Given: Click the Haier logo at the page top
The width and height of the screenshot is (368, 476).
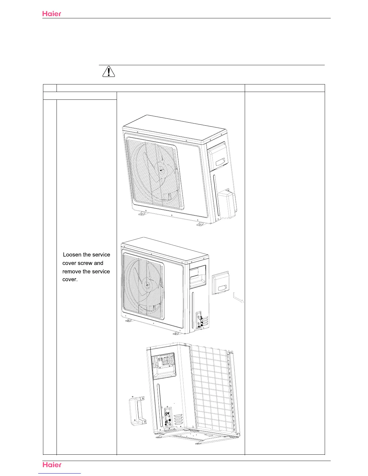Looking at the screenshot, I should coord(52,14).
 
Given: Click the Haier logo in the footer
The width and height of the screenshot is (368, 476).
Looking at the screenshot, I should coord(52,465).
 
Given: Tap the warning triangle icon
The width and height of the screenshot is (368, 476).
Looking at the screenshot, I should coord(109,72).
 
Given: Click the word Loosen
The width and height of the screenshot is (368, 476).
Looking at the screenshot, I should coord(72,255).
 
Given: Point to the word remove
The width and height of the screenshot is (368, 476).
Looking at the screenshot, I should coord(72,271).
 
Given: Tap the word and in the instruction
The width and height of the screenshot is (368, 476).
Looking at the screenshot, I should coord(99,263).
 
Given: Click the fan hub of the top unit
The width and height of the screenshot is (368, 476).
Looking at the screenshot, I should coord(161,170).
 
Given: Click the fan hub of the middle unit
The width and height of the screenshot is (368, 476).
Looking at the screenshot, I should coord(146,285).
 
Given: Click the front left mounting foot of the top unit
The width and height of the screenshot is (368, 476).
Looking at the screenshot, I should coord(142,214).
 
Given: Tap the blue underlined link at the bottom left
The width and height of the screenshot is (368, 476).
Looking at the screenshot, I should coord(60,474).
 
